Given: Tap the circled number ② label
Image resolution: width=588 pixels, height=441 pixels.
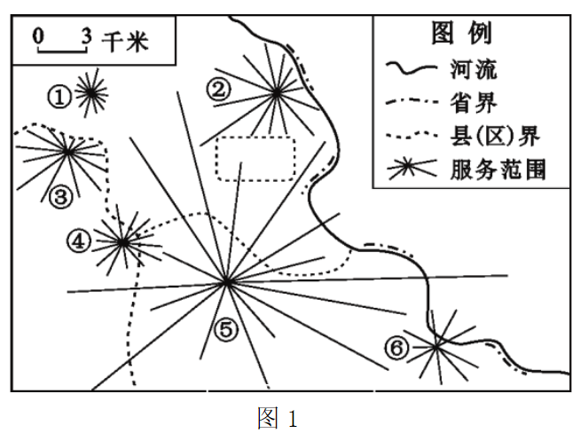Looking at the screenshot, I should (x=219, y=88).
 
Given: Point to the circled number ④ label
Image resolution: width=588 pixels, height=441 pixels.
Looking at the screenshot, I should (x=80, y=240).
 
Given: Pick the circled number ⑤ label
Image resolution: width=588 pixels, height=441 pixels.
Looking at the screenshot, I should (x=226, y=330).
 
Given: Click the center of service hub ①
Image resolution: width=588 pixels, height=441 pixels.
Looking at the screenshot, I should (x=90, y=92).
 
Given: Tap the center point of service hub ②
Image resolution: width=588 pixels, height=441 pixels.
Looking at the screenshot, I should (x=277, y=91).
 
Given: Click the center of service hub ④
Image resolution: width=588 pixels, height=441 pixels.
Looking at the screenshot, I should (x=122, y=240).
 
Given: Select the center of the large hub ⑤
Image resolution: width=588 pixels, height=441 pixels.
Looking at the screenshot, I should (x=227, y=282).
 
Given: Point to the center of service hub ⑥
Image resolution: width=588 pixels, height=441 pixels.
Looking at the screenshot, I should (x=437, y=345).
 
